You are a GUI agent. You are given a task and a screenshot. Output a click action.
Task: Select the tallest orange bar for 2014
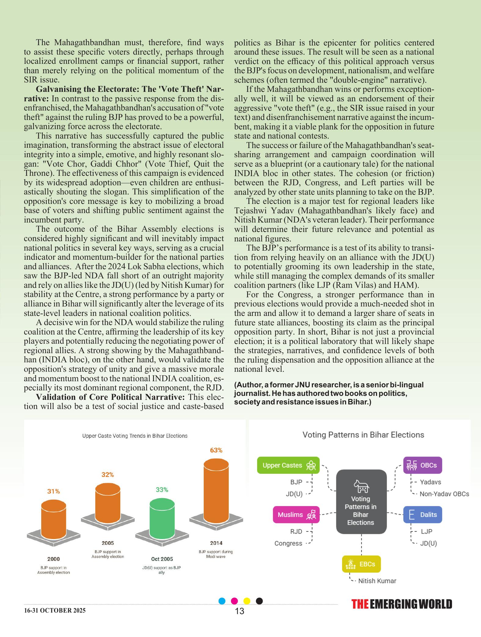(216, 491)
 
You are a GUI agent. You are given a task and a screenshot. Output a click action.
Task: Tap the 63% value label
(216, 450)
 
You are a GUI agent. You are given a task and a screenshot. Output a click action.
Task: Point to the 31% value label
(53, 491)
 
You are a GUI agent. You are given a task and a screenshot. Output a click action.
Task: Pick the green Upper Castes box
(288, 465)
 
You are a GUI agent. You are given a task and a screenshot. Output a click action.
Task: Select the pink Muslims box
(296, 515)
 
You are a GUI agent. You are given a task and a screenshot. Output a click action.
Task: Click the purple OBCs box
(422, 465)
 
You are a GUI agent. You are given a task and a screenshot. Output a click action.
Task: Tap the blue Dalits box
(422, 515)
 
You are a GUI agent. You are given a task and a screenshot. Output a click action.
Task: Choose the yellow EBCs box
(361, 564)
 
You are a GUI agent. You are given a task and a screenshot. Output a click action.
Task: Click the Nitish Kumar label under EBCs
(377, 581)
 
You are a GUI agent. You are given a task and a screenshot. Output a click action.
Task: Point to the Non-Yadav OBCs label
(444, 494)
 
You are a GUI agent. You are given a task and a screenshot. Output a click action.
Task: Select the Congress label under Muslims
(288, 543)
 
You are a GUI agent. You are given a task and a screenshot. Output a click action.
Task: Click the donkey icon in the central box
(361, 486)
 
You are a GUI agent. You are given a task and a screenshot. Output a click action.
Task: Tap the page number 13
(240, 611)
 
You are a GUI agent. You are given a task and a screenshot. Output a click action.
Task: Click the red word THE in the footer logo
(360, 604)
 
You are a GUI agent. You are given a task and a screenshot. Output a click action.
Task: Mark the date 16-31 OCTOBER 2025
(55, 610)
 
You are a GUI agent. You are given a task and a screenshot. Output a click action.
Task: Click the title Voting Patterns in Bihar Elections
(363, 435)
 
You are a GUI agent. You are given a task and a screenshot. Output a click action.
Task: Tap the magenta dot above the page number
(235, 601)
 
